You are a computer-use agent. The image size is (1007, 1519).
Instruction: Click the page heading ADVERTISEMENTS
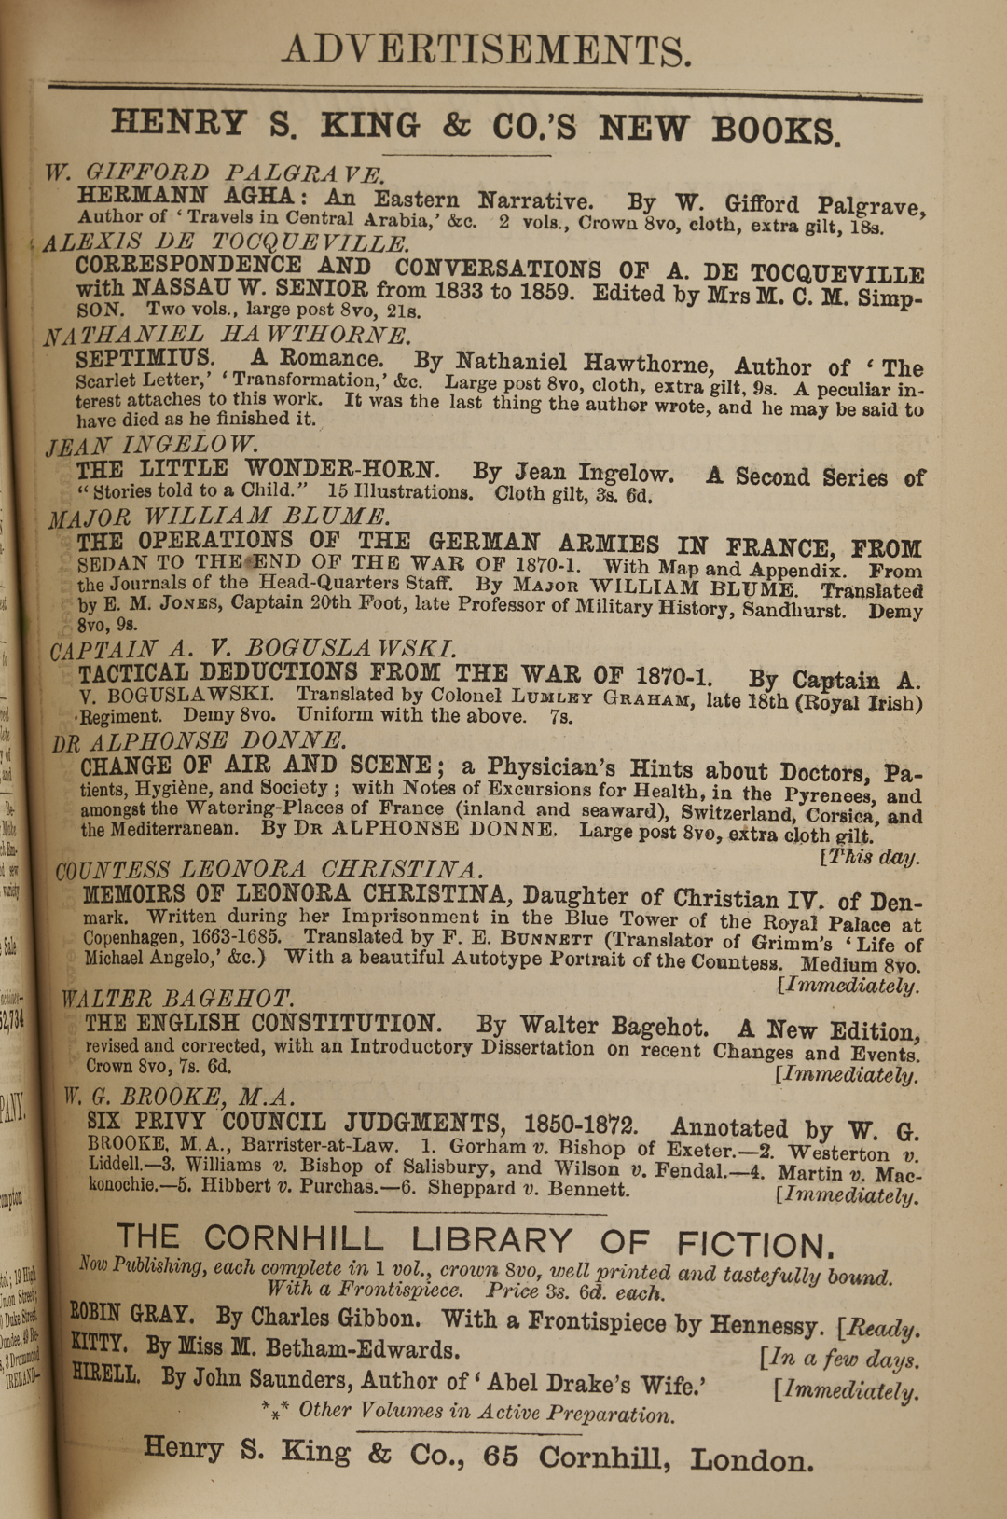point(487,50)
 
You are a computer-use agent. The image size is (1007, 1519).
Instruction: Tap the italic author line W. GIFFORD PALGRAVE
point(214,173)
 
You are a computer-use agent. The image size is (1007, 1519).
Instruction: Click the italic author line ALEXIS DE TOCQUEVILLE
point(225,243)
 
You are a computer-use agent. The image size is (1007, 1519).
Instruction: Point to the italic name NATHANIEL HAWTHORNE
point(227,335)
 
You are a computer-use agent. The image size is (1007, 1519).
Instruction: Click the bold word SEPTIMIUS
point(145,359)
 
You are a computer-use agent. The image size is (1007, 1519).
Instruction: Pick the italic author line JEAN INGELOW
point(153,446)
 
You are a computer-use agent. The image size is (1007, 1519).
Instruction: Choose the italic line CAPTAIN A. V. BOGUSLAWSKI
point(253,648)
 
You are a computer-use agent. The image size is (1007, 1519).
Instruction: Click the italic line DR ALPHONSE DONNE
point(199,741)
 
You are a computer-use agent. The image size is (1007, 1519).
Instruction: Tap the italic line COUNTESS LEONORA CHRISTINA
point(269,870)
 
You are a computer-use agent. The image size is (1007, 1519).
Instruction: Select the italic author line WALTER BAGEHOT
point(177,999)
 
